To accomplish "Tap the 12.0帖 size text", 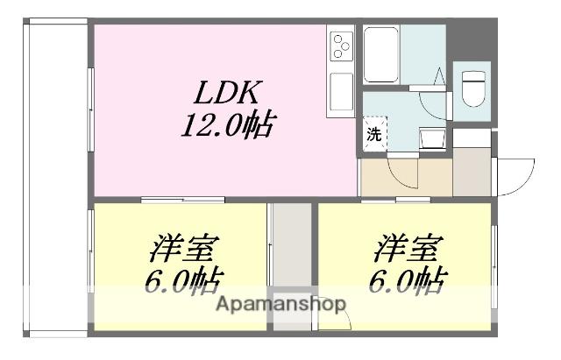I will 225,128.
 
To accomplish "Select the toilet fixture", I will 473,88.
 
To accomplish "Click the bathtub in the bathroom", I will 382,53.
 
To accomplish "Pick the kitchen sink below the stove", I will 340,93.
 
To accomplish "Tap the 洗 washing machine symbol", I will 373,135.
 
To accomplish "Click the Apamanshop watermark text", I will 280,305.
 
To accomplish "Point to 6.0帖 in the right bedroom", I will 405,281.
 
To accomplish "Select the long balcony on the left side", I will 58,175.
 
